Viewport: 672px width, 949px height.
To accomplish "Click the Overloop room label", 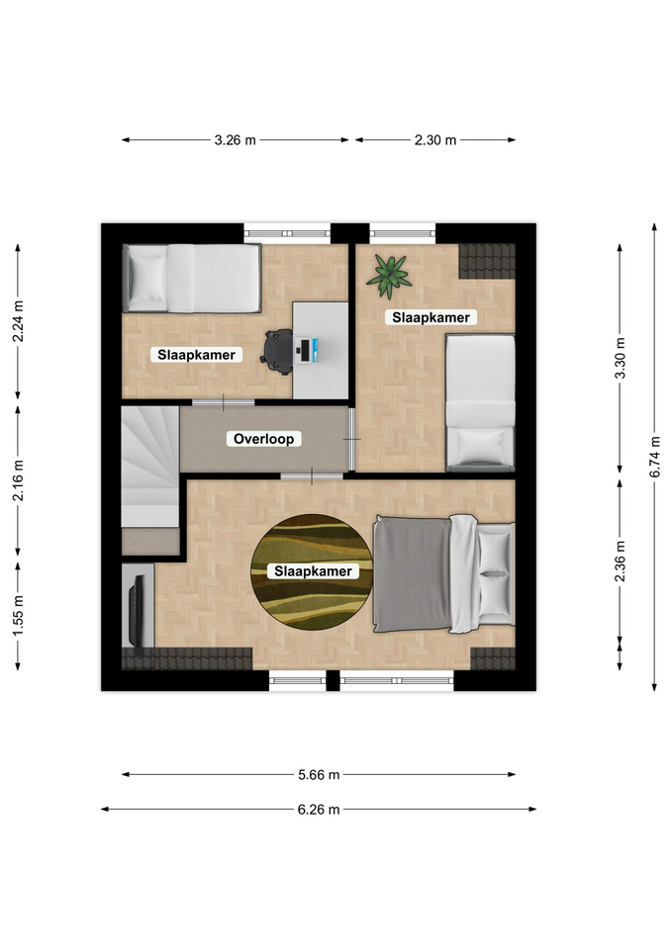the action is click(x=263, y=439).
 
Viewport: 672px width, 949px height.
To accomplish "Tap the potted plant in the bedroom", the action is click(x=389, y=276).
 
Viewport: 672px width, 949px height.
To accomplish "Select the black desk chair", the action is click(x=277, y=350).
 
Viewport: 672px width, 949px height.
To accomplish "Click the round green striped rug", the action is click(x=312, y=572).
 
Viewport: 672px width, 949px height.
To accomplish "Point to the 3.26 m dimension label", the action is click(x=236, y=140).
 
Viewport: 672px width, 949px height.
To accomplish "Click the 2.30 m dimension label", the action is click(x=435, y=140).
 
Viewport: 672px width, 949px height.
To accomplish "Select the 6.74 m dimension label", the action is click(x=655, y=457).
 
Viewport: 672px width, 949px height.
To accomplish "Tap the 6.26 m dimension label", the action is click(x=319, y=810).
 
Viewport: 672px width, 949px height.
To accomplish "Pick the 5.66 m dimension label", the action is click(x=319, y=775).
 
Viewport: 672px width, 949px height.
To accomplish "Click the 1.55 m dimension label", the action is click(x=18, y=616).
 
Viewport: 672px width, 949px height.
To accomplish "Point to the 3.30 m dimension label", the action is click(x=620, y=358).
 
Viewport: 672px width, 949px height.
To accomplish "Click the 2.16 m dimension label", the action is click(x=18, y=480).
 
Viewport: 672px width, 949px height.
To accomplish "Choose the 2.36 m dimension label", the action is click(x=620, y=561).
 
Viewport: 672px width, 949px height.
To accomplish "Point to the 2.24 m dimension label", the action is click(x=18, y=320).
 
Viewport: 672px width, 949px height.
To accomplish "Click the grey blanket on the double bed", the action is click(x=412, y=573).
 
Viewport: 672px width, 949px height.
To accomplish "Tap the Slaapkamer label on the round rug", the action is click(x=313, y=571).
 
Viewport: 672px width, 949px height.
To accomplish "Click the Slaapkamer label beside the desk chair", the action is click(x=196, y=355).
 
